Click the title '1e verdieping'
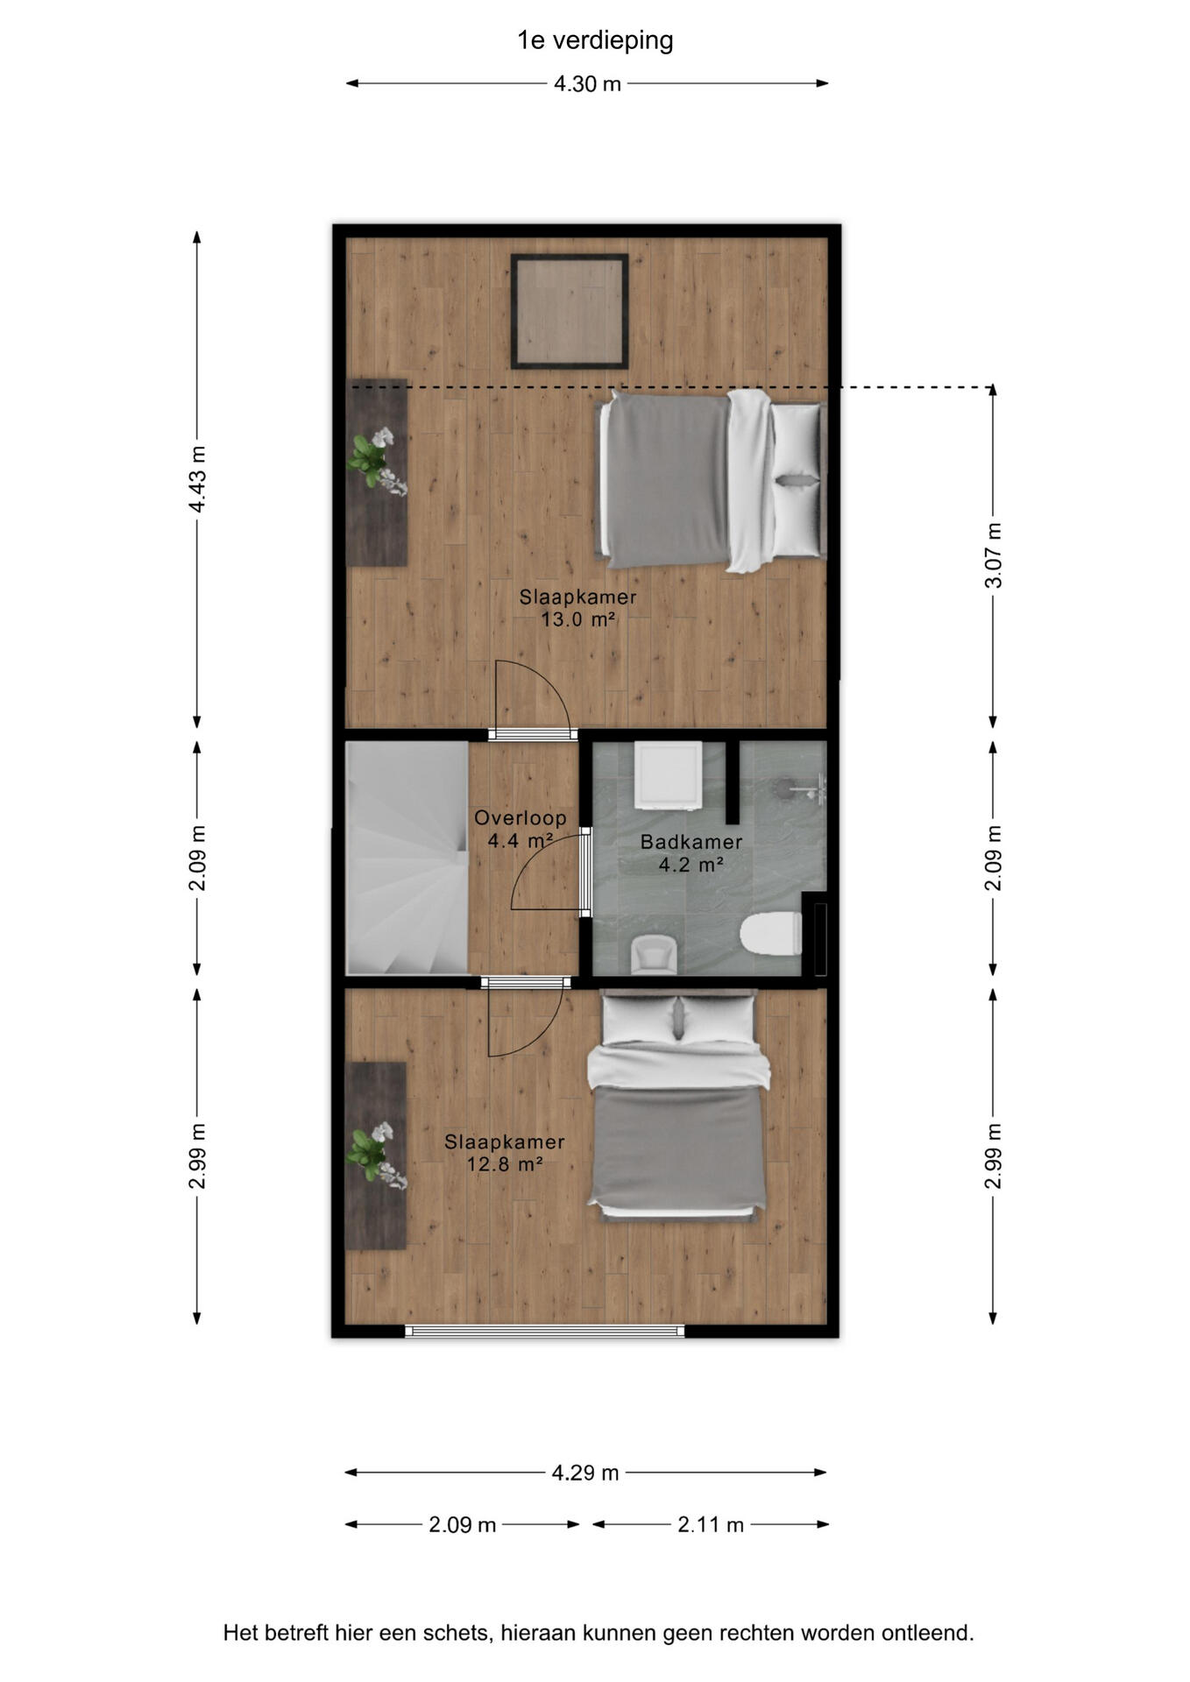click(x=595, y=40)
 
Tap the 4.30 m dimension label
click(x=587, y=84)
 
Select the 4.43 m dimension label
click(x=198, y=479)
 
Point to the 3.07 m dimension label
click(x=994, y=555)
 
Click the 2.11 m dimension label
click(x=711, y=1524)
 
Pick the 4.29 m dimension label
click(x=585, y=1473)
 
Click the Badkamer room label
click(x=691, y=842)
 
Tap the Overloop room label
click(x=521, y=817)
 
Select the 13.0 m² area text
click(x=577, y=619)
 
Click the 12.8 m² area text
click(x=505, y=1164)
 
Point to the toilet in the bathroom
click(x=771, y=934)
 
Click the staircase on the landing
click(x=407, y=858)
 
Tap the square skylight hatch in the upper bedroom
click(x=570, y=311)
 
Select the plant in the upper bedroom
click(x=378, y=460)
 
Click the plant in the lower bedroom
click(x=378, y=1155)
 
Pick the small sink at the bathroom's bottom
click(x=653, y=954)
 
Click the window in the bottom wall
click(x=545, y=1331)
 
